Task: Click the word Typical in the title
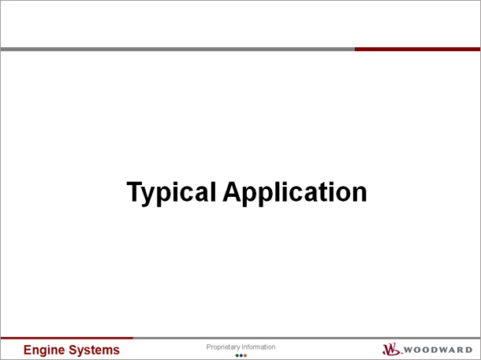(x=171, y=193)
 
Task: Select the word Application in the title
(x=295, y=193)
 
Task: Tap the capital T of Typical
(x=135, y=191)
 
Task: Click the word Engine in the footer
(x=44, y=351)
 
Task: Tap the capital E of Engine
(x=28, y=350)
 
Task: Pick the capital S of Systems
(x=72, y=350)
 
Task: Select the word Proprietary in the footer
(x=223, y=347)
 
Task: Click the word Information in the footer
(x=259, y=347)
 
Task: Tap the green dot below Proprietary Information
(x=237, y=356)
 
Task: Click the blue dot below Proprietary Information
(x=241, y=356)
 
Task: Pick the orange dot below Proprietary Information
(x=245, y=356)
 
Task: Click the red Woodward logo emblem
(x=392, y=349)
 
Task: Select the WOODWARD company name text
(x=438, y=350)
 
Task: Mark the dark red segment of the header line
(x=417, y=50)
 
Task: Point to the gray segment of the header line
(x=177, y=50)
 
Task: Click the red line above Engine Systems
(x=67, y=338)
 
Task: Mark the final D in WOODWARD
(x=468, y=350)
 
